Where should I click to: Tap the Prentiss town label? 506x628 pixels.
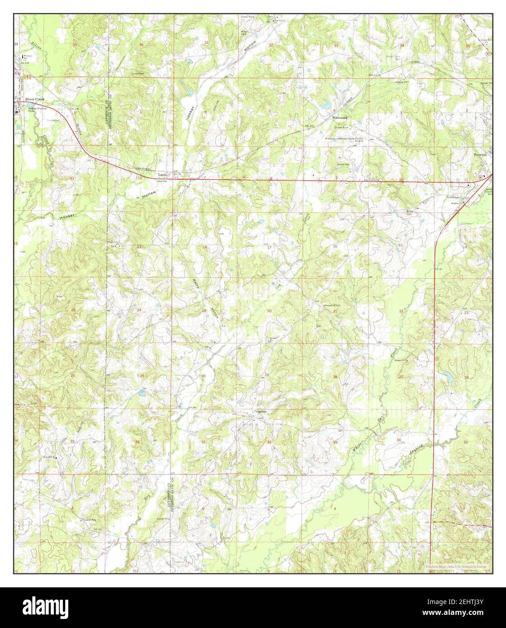tap(481, 154)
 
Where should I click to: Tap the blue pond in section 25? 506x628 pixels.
tap(142, 394)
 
